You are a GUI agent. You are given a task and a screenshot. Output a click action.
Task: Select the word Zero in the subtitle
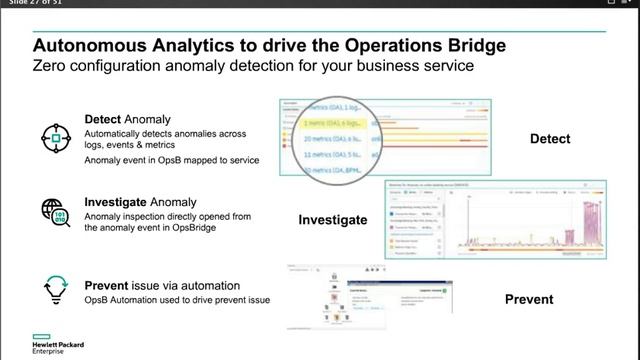53,66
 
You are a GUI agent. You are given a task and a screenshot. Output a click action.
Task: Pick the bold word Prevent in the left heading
110,285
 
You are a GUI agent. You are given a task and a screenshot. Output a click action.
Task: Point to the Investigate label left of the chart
331,219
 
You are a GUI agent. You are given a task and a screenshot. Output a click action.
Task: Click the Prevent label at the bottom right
529,299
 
